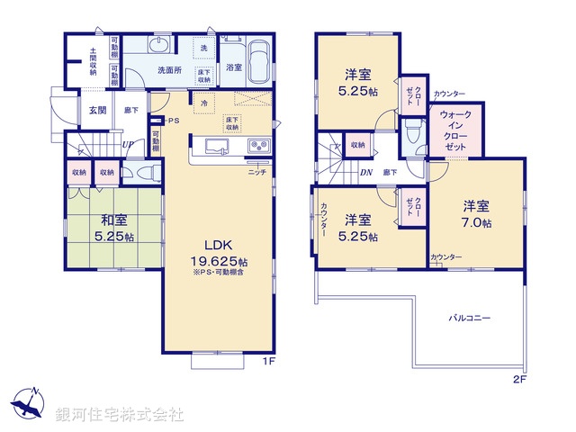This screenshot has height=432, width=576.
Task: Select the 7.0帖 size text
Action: tap(476, 221)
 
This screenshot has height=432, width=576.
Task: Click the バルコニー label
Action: tap(470, 318)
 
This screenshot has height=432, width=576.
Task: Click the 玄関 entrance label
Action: tap(96, 110)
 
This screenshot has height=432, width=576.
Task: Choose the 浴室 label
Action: tap(233, 67)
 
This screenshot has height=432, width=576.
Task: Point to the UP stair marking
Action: tap(128, 144)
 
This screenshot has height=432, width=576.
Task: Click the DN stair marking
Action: tap(366, 172)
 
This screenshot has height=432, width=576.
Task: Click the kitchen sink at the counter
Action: tap(220, 148)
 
